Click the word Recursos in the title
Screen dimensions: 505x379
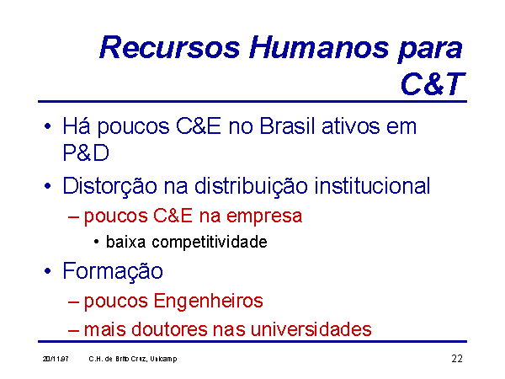(x=170, y=47)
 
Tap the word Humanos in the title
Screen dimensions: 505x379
(x=319, y=47)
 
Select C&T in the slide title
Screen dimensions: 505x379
(x=433, y=83)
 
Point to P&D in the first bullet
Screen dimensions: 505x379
(x=86, y=152)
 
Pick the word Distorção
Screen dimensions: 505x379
(x=109, y=186)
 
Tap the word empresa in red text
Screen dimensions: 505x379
(x=264, y=216)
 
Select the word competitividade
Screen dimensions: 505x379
(x=210, y=243)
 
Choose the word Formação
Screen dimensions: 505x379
(x=113, y=271)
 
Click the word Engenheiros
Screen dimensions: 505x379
(x=208, y=302)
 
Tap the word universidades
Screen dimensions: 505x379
(x=311, y=329)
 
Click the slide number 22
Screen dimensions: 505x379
(x=457, y=359)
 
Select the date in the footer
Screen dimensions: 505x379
(x=56, y=359)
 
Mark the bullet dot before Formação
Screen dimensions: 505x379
(x=48, y=271)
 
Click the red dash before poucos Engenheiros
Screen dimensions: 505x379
(x=73, y=302)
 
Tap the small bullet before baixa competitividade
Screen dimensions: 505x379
(x=96, y=242)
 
